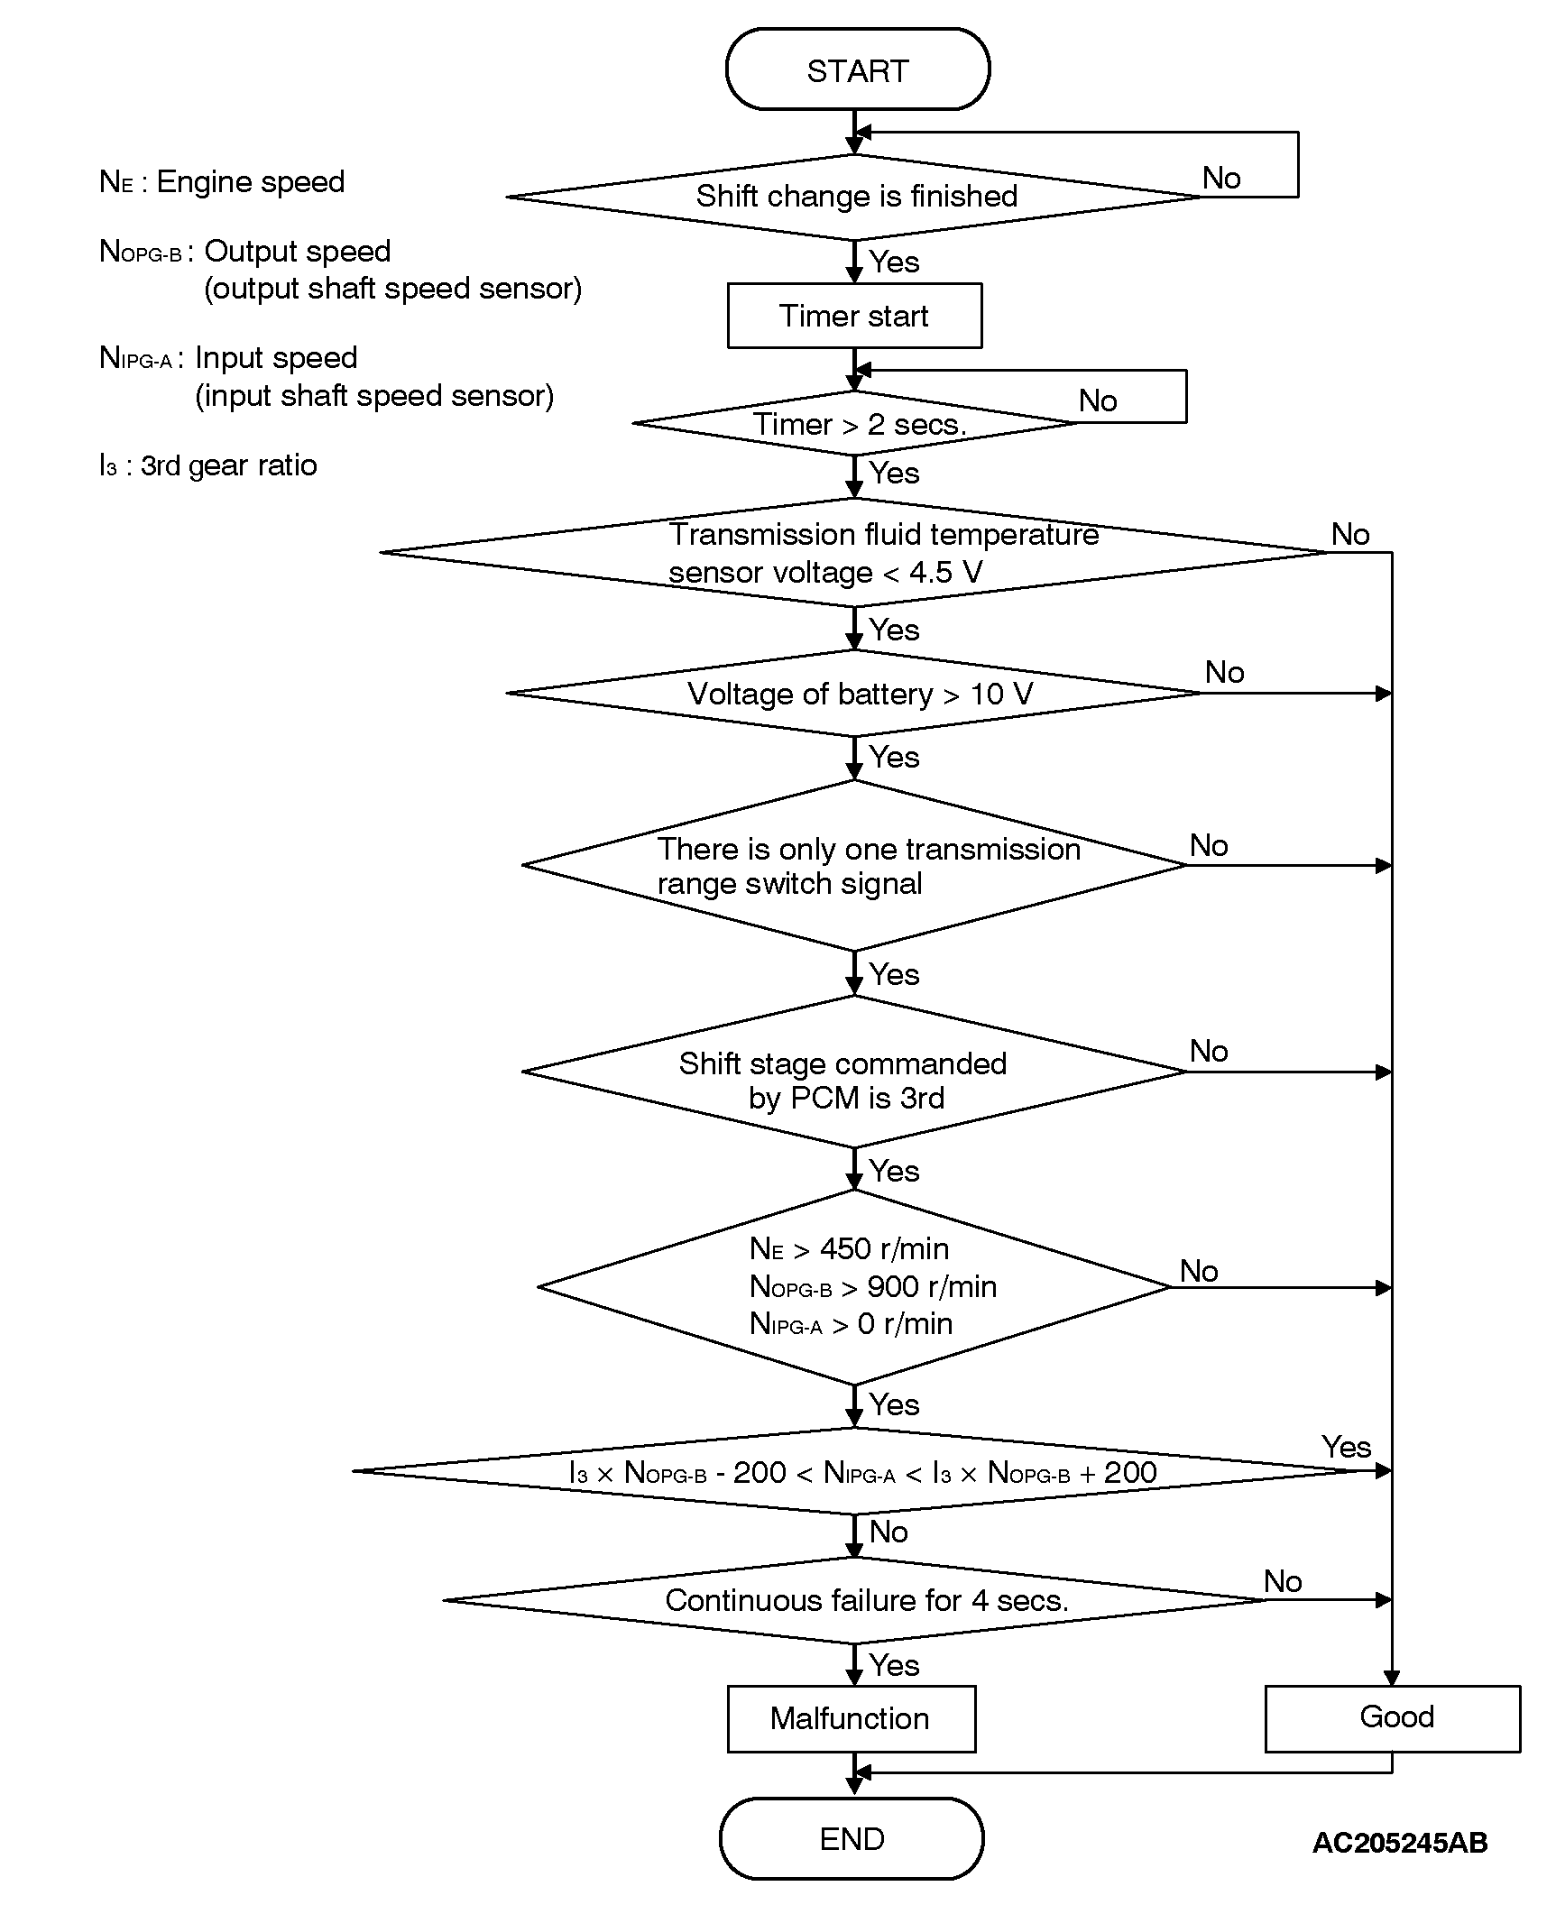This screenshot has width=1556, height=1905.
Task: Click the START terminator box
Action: click(x=857, y=69)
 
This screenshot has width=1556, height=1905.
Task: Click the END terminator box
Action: click(x=852, y=1838)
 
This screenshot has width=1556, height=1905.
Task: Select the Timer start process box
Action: click(x=854, y=316)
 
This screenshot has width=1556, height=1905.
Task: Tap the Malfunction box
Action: click(x=851, y=1718)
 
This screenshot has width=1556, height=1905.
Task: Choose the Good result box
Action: click(x=1395, y=1716)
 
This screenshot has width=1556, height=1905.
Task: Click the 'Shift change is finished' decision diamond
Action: click(x=855, y=197)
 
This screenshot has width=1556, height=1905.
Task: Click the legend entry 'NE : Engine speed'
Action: click(x=222, y=182)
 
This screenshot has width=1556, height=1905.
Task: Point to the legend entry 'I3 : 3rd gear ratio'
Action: click(x=207, y=465)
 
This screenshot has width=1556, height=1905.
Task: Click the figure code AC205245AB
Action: click(x=1399, y=1842)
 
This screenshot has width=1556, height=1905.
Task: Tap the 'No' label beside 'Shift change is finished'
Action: click(x=1221, y=179)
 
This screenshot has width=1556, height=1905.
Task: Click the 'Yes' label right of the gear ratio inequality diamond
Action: click(x=1346, y=1448)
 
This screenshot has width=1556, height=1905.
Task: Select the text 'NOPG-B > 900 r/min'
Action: click(x=872, y=1286)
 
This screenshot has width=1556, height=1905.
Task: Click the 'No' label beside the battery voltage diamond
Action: click(x=1224, y=672)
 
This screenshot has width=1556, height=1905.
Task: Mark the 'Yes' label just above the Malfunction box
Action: click(x=893, y=1665)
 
